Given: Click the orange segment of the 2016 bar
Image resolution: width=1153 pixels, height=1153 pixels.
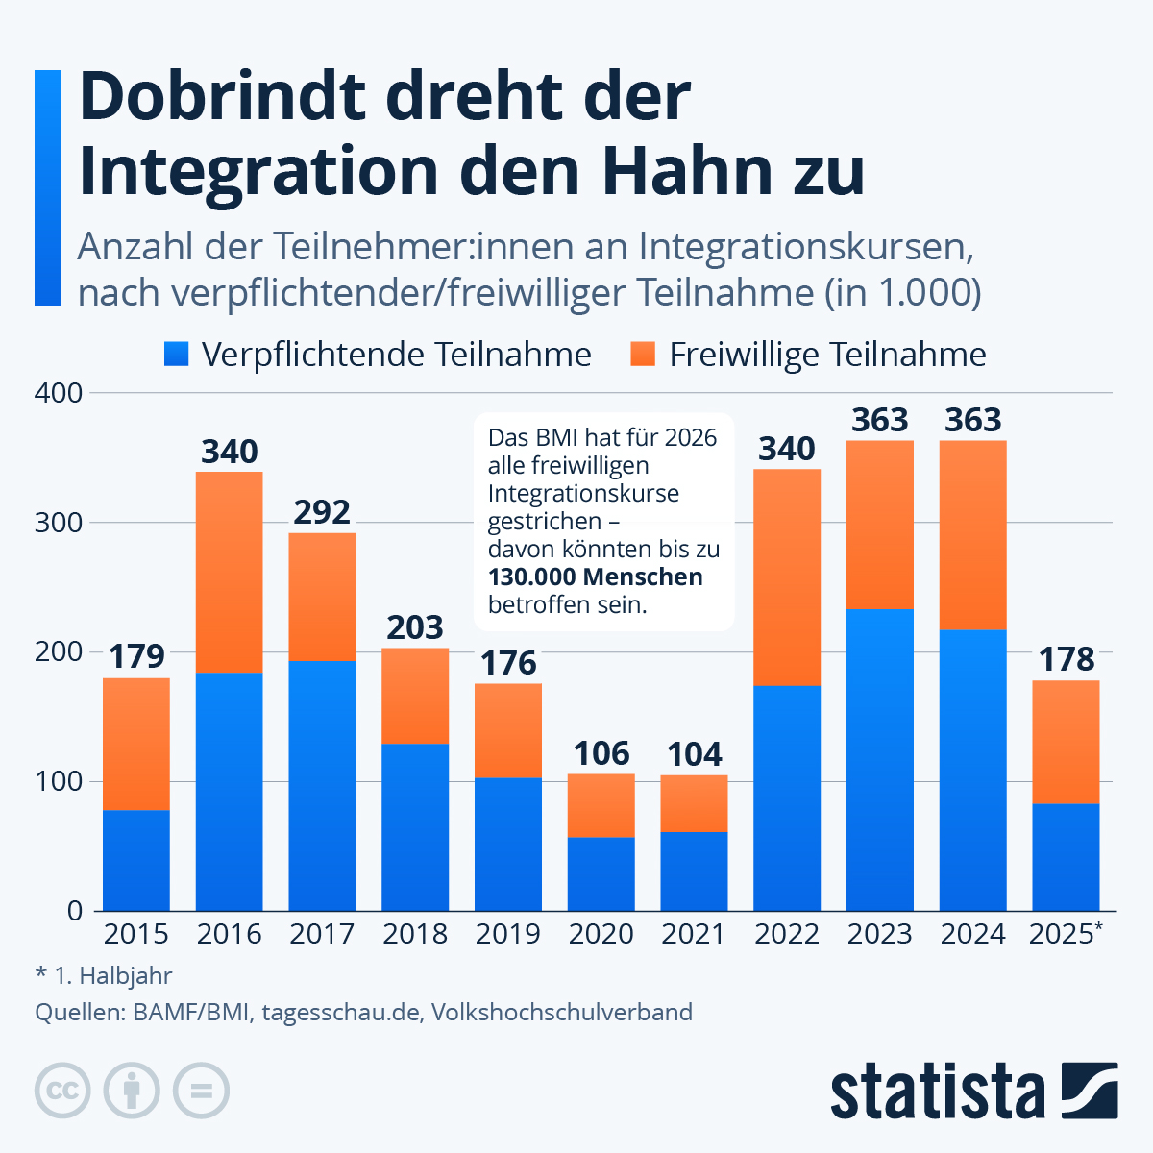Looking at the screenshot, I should [229, 572].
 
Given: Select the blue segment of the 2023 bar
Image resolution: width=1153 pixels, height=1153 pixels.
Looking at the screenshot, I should [880, 759].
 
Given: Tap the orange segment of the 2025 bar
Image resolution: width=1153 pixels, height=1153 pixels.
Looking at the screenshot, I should [1066, 742].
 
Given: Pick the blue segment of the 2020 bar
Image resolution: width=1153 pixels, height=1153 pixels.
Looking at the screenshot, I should [601, 873].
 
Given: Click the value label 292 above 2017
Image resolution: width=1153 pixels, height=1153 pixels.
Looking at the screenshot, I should [322, 512].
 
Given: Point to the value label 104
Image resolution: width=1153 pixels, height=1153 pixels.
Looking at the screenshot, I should [694, 754].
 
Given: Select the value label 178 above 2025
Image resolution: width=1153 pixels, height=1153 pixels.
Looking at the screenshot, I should [1066, 659].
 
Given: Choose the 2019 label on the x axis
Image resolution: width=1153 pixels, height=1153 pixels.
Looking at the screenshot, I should [508, 934].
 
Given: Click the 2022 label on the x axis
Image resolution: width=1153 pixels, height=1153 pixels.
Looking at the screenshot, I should [787, 934].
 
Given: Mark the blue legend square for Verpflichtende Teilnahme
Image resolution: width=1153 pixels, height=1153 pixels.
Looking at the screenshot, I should [177, 355].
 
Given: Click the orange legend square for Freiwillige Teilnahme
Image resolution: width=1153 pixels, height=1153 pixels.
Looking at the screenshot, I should [643, 355].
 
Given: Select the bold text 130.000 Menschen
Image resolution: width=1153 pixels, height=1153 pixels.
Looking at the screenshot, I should [596, 577].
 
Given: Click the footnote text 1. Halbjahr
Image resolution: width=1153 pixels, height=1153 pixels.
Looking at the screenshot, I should [113, 976].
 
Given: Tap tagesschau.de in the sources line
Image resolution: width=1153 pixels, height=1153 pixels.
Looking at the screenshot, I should [340, 1012].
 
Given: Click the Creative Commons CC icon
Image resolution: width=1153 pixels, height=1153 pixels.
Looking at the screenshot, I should [62, 1091].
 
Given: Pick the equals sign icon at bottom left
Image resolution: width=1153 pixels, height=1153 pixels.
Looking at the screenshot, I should [201, 1091].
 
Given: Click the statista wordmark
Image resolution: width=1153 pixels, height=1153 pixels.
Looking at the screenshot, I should [937, 1092].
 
